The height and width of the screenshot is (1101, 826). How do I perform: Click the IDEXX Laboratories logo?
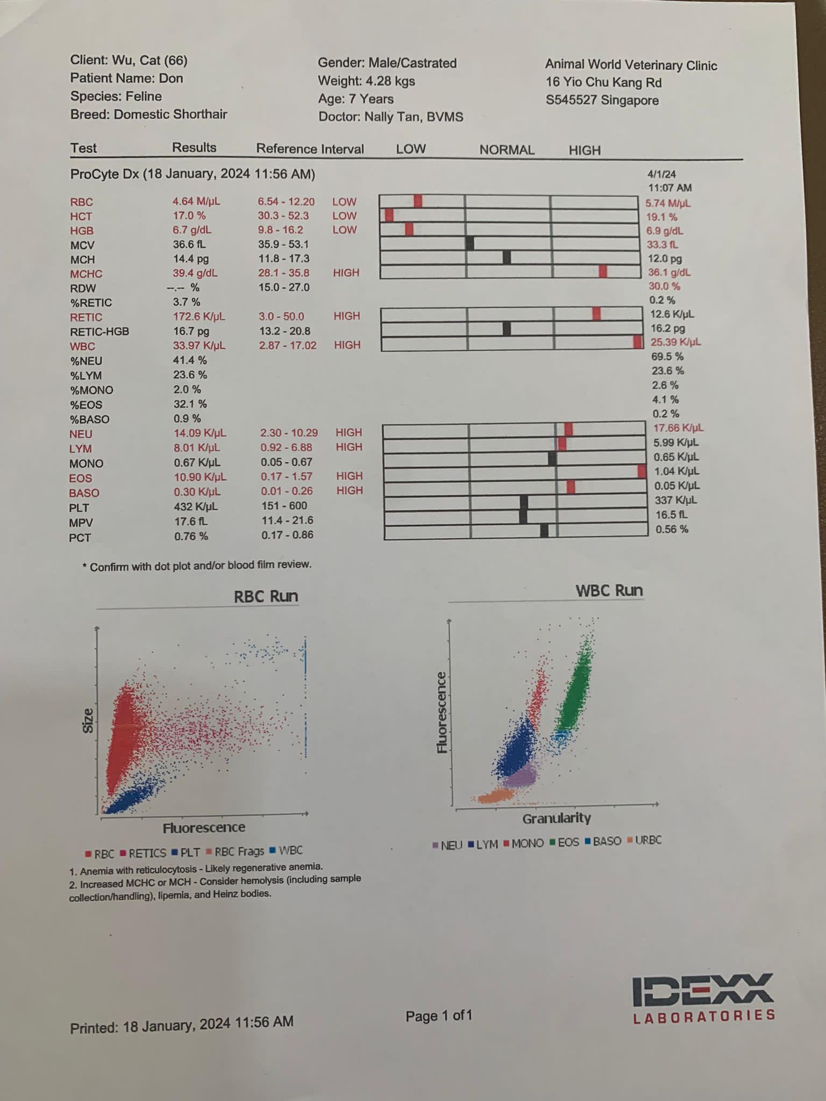pyautogui.click(x=703, y=998)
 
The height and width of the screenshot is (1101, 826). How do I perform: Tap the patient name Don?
pyautogui.click(x=171, y=78)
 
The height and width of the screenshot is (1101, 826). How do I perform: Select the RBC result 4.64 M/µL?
pyautogui.click(x=196, y=202)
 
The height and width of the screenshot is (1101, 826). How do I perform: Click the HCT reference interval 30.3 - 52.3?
pyautogui.click(x=283, y=216)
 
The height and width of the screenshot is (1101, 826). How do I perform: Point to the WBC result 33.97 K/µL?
pyautogui.click(x=199, y=346)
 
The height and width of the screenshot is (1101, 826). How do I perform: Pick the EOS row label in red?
pyautogui.click(x=81, y=478)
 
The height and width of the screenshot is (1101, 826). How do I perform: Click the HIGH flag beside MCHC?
pyautogui.click(x=346, y=273)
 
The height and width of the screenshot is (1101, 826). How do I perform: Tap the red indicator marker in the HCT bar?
pyautogui.click(x=389, y=216)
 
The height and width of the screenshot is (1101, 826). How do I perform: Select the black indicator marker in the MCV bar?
pyautogui.click(x=470, y=244)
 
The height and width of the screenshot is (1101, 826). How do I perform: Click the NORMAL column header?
pyautogui.click(x=507, y=150)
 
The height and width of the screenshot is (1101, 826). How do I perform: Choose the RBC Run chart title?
pyautogui.click(x=266, y=596)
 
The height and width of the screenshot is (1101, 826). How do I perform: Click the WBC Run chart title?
pyautogui.click(x=609, y=591)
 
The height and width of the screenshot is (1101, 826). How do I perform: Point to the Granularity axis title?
pyautogui.click(x=557, y=818)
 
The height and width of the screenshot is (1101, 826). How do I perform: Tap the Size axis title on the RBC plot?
pyautogui.click(x=88, y=720)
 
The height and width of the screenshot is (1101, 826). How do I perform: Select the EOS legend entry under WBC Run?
pyautogui.click(x=564, y=842)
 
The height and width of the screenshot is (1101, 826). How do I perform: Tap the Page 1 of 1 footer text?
pyautogui.click(x=438, y=1016)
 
